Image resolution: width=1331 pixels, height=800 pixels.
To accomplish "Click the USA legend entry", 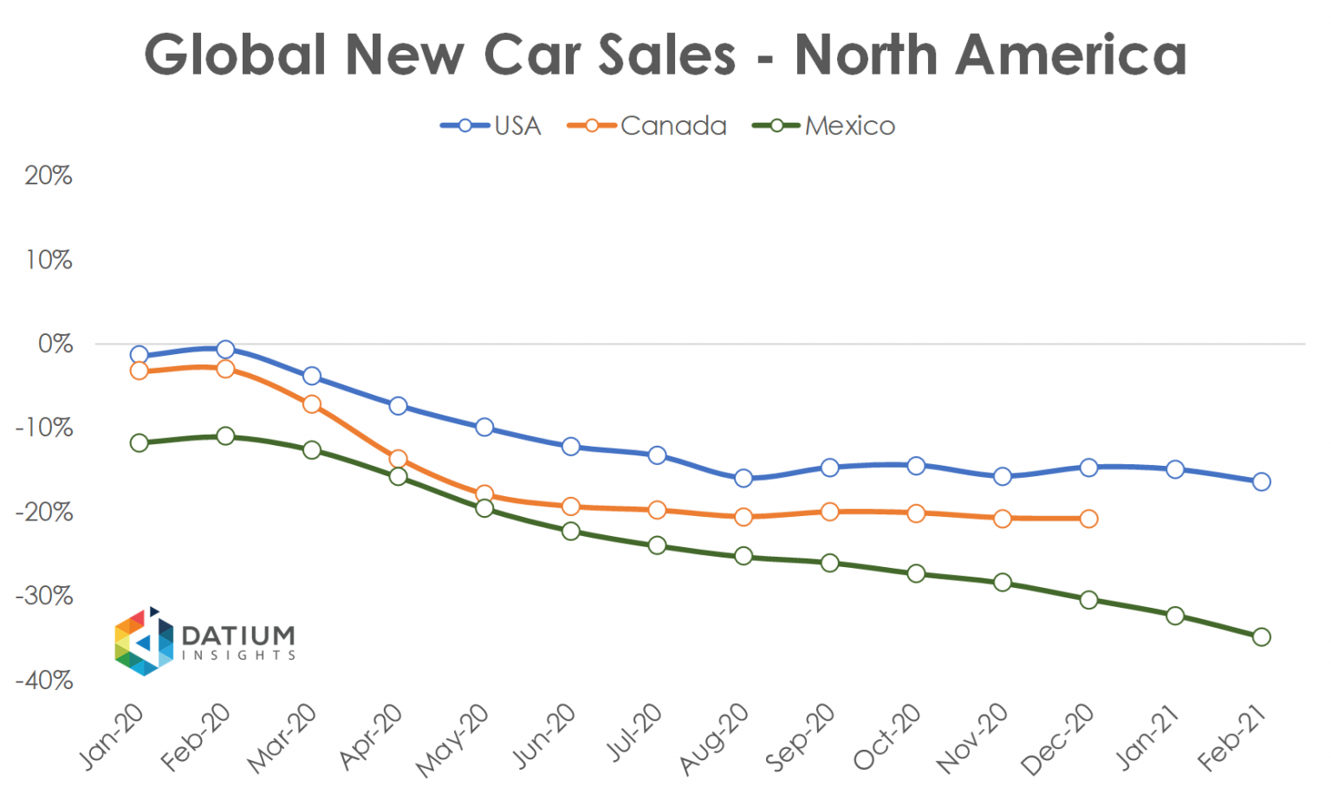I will (x=491, y=126).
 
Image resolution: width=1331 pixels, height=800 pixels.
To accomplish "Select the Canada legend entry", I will (x=647, y=126).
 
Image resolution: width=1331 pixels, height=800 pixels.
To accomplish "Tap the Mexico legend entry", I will (x=824, y=126).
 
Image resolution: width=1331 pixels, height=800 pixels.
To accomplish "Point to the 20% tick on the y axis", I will (x=49, y=176).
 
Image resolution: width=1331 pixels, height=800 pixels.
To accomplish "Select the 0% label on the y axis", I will (x=55, y=344).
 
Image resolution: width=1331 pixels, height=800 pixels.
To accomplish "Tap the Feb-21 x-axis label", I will (x=1232, y=738).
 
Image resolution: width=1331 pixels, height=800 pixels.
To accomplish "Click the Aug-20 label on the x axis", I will (x=714, y=740).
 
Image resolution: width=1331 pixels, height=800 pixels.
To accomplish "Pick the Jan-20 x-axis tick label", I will (x=111, y=738).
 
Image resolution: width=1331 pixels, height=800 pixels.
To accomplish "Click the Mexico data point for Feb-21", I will (x=1261, y=637).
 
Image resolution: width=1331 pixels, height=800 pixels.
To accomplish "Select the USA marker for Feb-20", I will (x=225, y=350).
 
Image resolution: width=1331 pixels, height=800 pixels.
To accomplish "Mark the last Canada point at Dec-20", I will (x=1088, y=519).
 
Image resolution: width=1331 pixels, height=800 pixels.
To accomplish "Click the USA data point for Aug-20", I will (x=743, y=479).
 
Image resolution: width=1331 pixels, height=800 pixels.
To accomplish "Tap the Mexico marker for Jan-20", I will (x=140, y=443).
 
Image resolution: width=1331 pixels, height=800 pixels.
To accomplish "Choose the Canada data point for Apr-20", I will (x=398, y=459).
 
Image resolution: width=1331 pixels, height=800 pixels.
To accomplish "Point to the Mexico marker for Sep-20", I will (x=829, y=564).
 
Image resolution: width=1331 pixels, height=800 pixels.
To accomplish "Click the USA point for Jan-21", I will (x=1175, y=469).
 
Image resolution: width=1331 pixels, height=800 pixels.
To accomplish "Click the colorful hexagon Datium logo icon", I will (x=144, y=642).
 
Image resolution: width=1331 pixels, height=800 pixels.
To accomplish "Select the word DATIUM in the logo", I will (x=238, y=635).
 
